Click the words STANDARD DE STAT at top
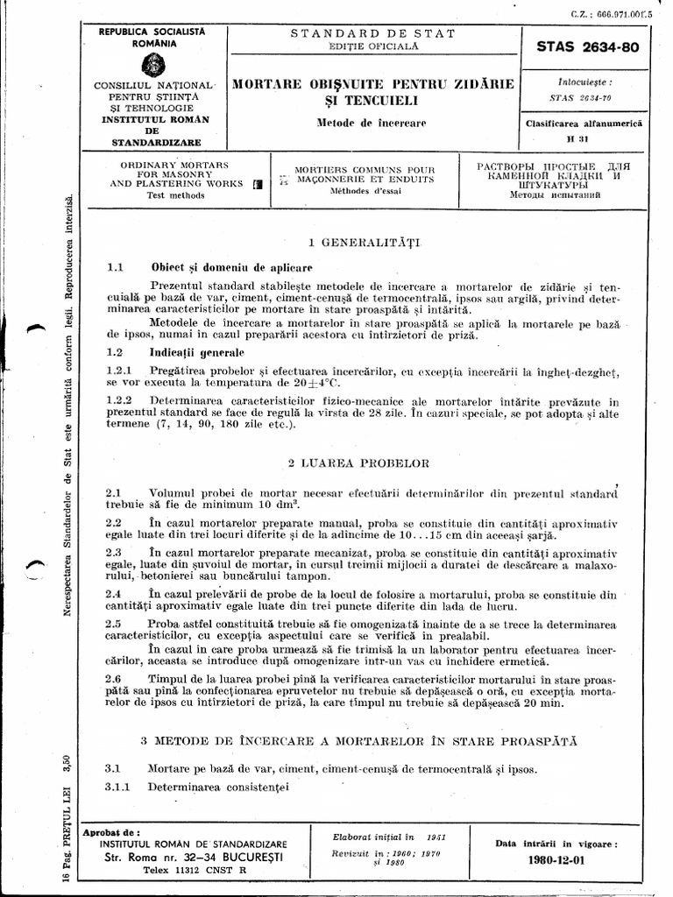pyautogui.click(x=372, y=33)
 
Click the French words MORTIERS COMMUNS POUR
pyautogui.click(x=364, y=168)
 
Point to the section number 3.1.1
pyautogui.click(x=118, y=787)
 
